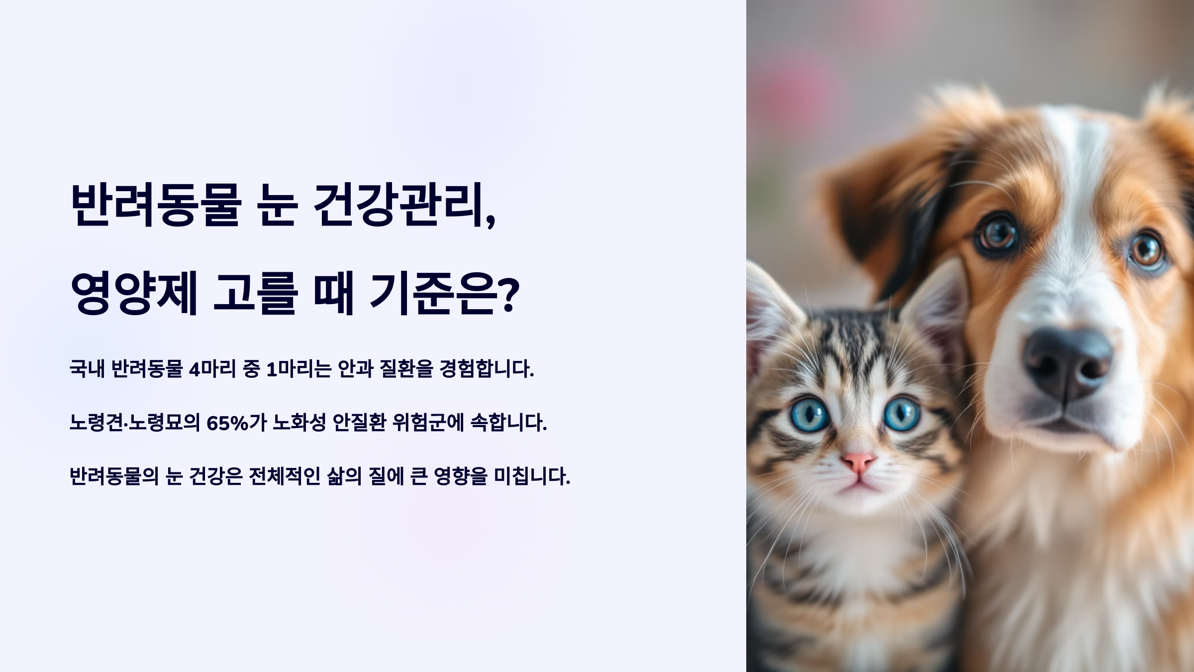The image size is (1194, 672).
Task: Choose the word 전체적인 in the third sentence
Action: [283, 477]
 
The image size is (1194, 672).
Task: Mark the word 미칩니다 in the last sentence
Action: [532, 477]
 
